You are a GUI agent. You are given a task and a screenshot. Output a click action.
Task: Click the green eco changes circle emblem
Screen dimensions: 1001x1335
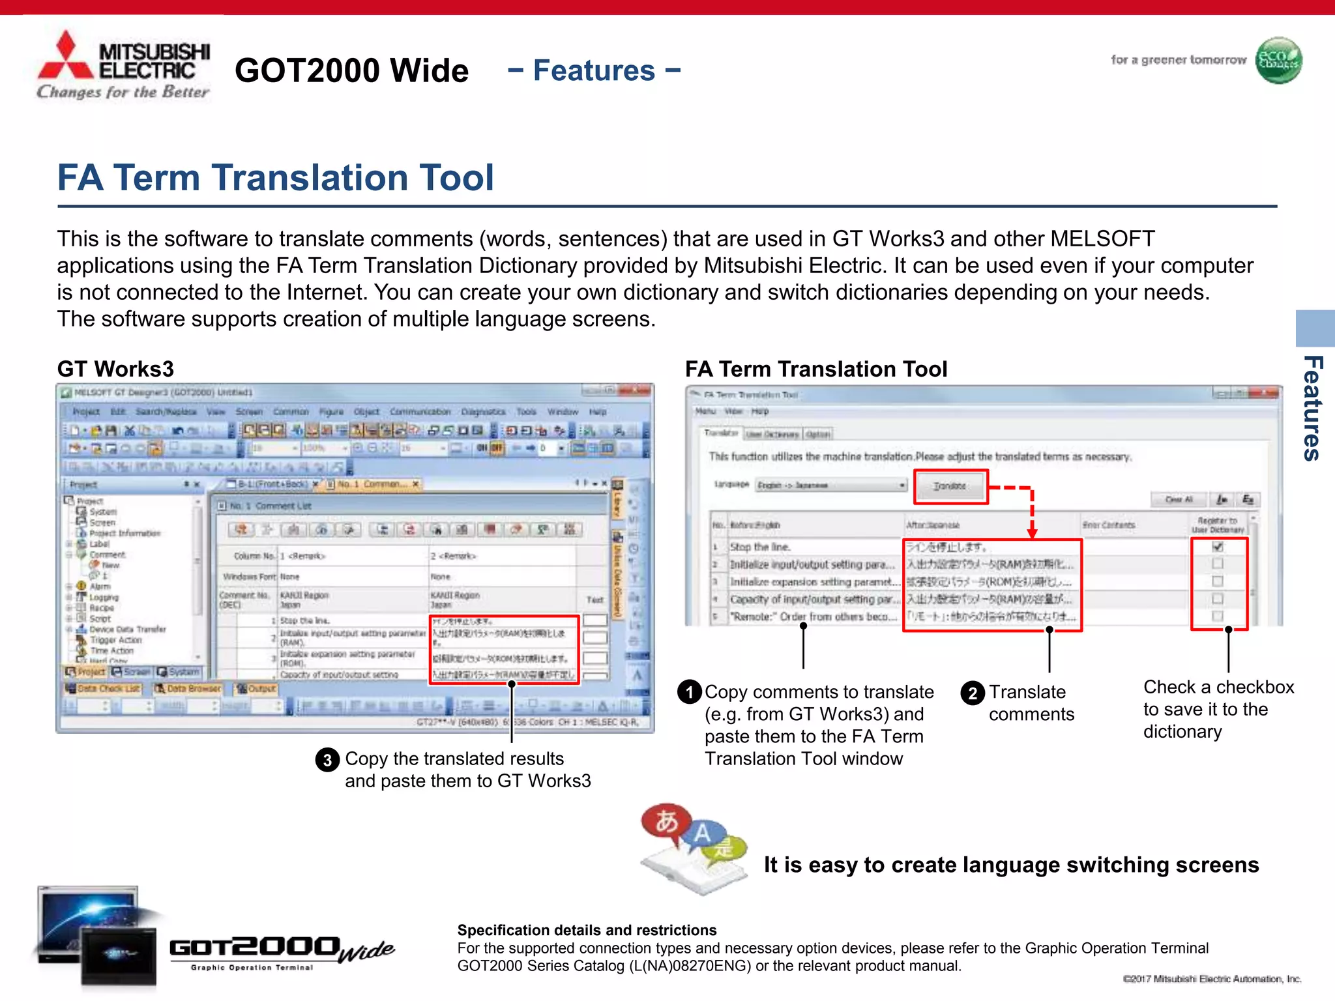(x=1278, y=61)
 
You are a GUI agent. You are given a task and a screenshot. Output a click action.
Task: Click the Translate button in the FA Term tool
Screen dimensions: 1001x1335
(x=950, y=486)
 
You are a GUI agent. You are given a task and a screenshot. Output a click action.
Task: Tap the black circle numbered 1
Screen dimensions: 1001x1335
(x=690, y=692)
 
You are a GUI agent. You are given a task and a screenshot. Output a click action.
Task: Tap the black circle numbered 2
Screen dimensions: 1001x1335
(x=973, y=693)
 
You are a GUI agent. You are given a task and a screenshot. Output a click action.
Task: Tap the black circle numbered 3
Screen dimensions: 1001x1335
(x=327, y=760)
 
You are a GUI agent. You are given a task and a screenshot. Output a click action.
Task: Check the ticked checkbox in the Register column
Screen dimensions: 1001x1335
(x=1217, y=547)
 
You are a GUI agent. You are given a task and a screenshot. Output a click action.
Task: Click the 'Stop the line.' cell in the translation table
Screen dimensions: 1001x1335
(x=760, y=547)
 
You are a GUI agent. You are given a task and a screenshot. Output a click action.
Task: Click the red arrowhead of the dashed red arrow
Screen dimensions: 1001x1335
(x=1032, y=533)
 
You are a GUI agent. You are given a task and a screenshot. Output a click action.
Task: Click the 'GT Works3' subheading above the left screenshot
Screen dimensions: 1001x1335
(x=115, y=369)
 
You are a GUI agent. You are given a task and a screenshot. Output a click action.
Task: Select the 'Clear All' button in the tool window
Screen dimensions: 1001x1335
(x=1179, y=499)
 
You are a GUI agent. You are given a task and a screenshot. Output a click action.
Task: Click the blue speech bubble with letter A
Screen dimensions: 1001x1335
(x=701, y=834)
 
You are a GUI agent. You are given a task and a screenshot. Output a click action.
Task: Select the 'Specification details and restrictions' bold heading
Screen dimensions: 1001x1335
(x=587, y=930)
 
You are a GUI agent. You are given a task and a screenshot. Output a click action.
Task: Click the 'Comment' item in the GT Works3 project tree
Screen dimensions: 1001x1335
(x=107, y=555)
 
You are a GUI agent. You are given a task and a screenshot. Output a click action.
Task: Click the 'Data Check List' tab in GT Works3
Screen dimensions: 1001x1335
(x=103, y=689)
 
